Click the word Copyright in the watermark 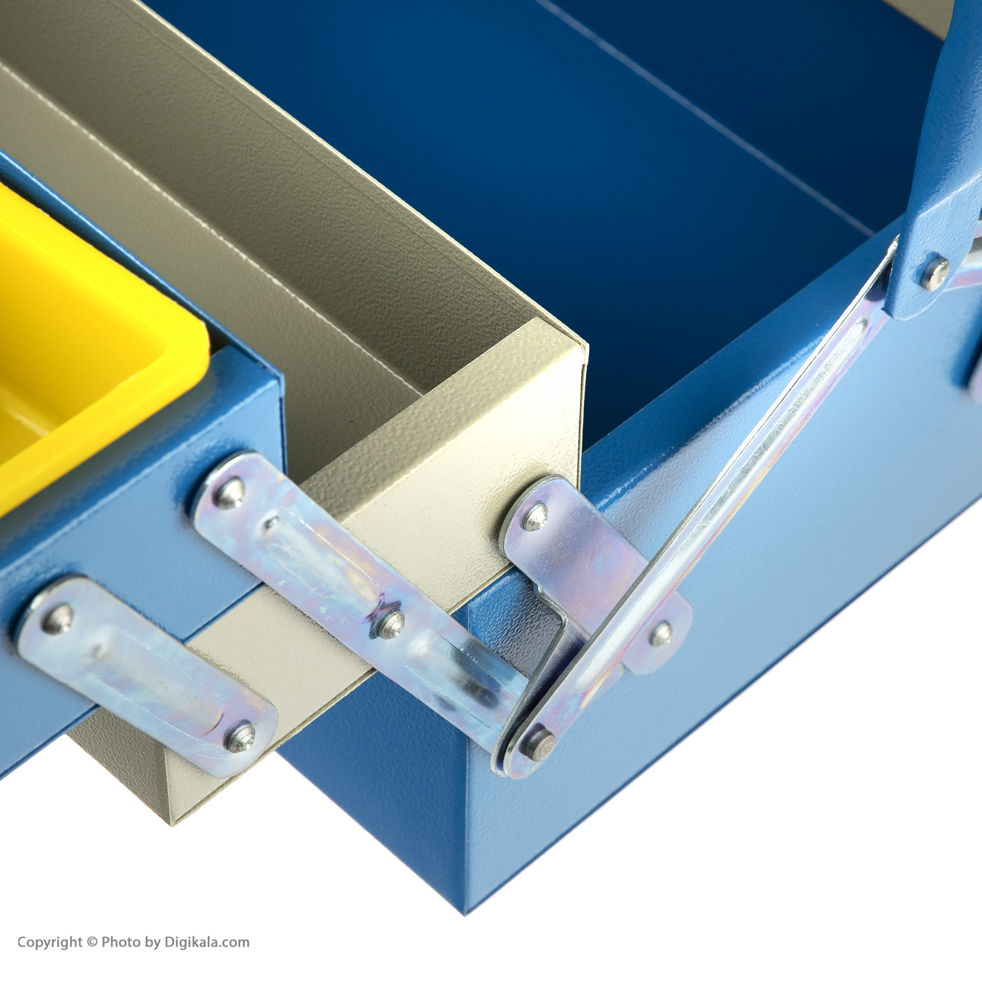(x=50, y=942)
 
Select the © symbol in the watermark (x=92, y=942)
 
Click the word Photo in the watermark (x=120, y=942)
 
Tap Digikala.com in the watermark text (x=206, y=942)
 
